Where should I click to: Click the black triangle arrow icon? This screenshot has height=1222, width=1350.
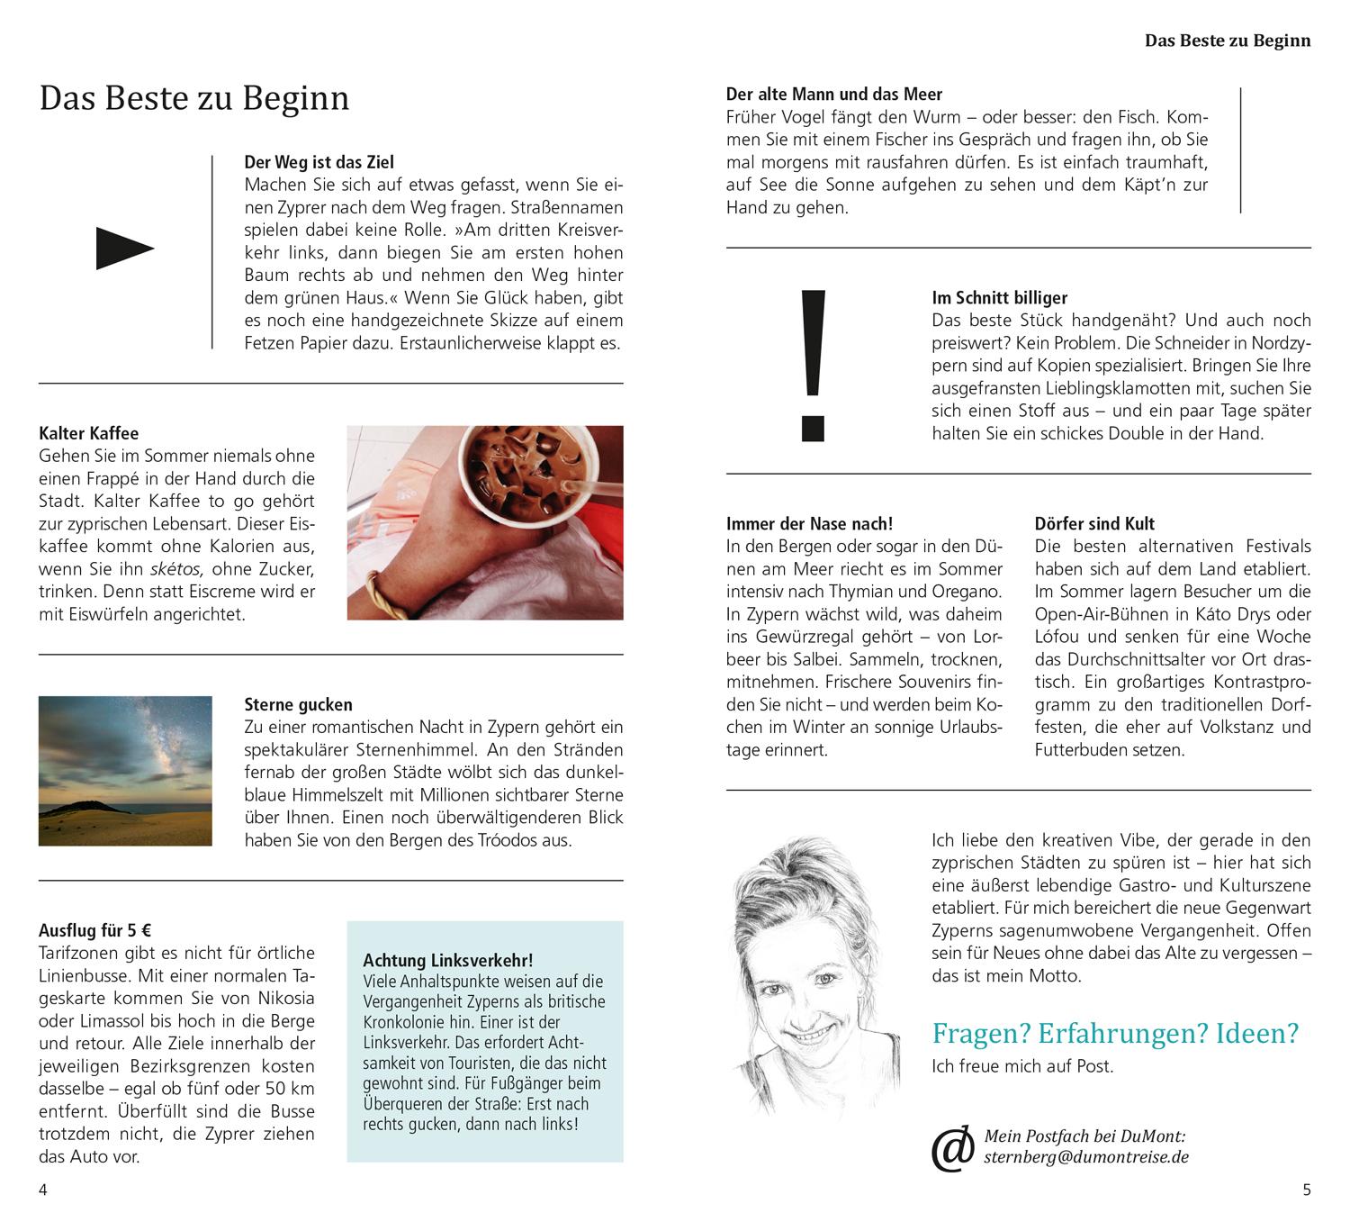(x=124, y=249)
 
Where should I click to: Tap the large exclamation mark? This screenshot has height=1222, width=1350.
(x=813, y=365)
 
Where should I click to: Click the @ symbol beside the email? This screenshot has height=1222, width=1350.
(x=953, y=1147)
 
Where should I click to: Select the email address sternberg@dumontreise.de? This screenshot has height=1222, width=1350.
(x=1086, y=1157)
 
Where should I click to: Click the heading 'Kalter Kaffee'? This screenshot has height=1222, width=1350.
(x=89, y=433)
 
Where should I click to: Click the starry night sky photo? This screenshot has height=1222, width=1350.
(x=125, y=771)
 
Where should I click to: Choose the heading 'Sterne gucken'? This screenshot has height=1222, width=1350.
(x=298, y=704)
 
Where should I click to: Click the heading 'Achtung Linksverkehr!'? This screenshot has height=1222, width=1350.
(x=448, y=960)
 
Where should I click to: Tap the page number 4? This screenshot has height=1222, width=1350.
(x=42, y=1190)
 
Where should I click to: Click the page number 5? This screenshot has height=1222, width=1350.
(x=1307, y=1190)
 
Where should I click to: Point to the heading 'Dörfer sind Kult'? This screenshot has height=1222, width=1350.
(x=1094, y=523)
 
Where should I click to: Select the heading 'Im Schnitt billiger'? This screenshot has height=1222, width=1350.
(x=999, y=297)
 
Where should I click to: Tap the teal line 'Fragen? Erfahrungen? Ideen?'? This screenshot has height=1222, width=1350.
(x=1115, y=1033)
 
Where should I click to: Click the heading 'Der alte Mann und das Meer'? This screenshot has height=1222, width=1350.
(x=834, y=94)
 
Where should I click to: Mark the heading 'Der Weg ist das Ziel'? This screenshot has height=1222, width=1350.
(x=319, y=162)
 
